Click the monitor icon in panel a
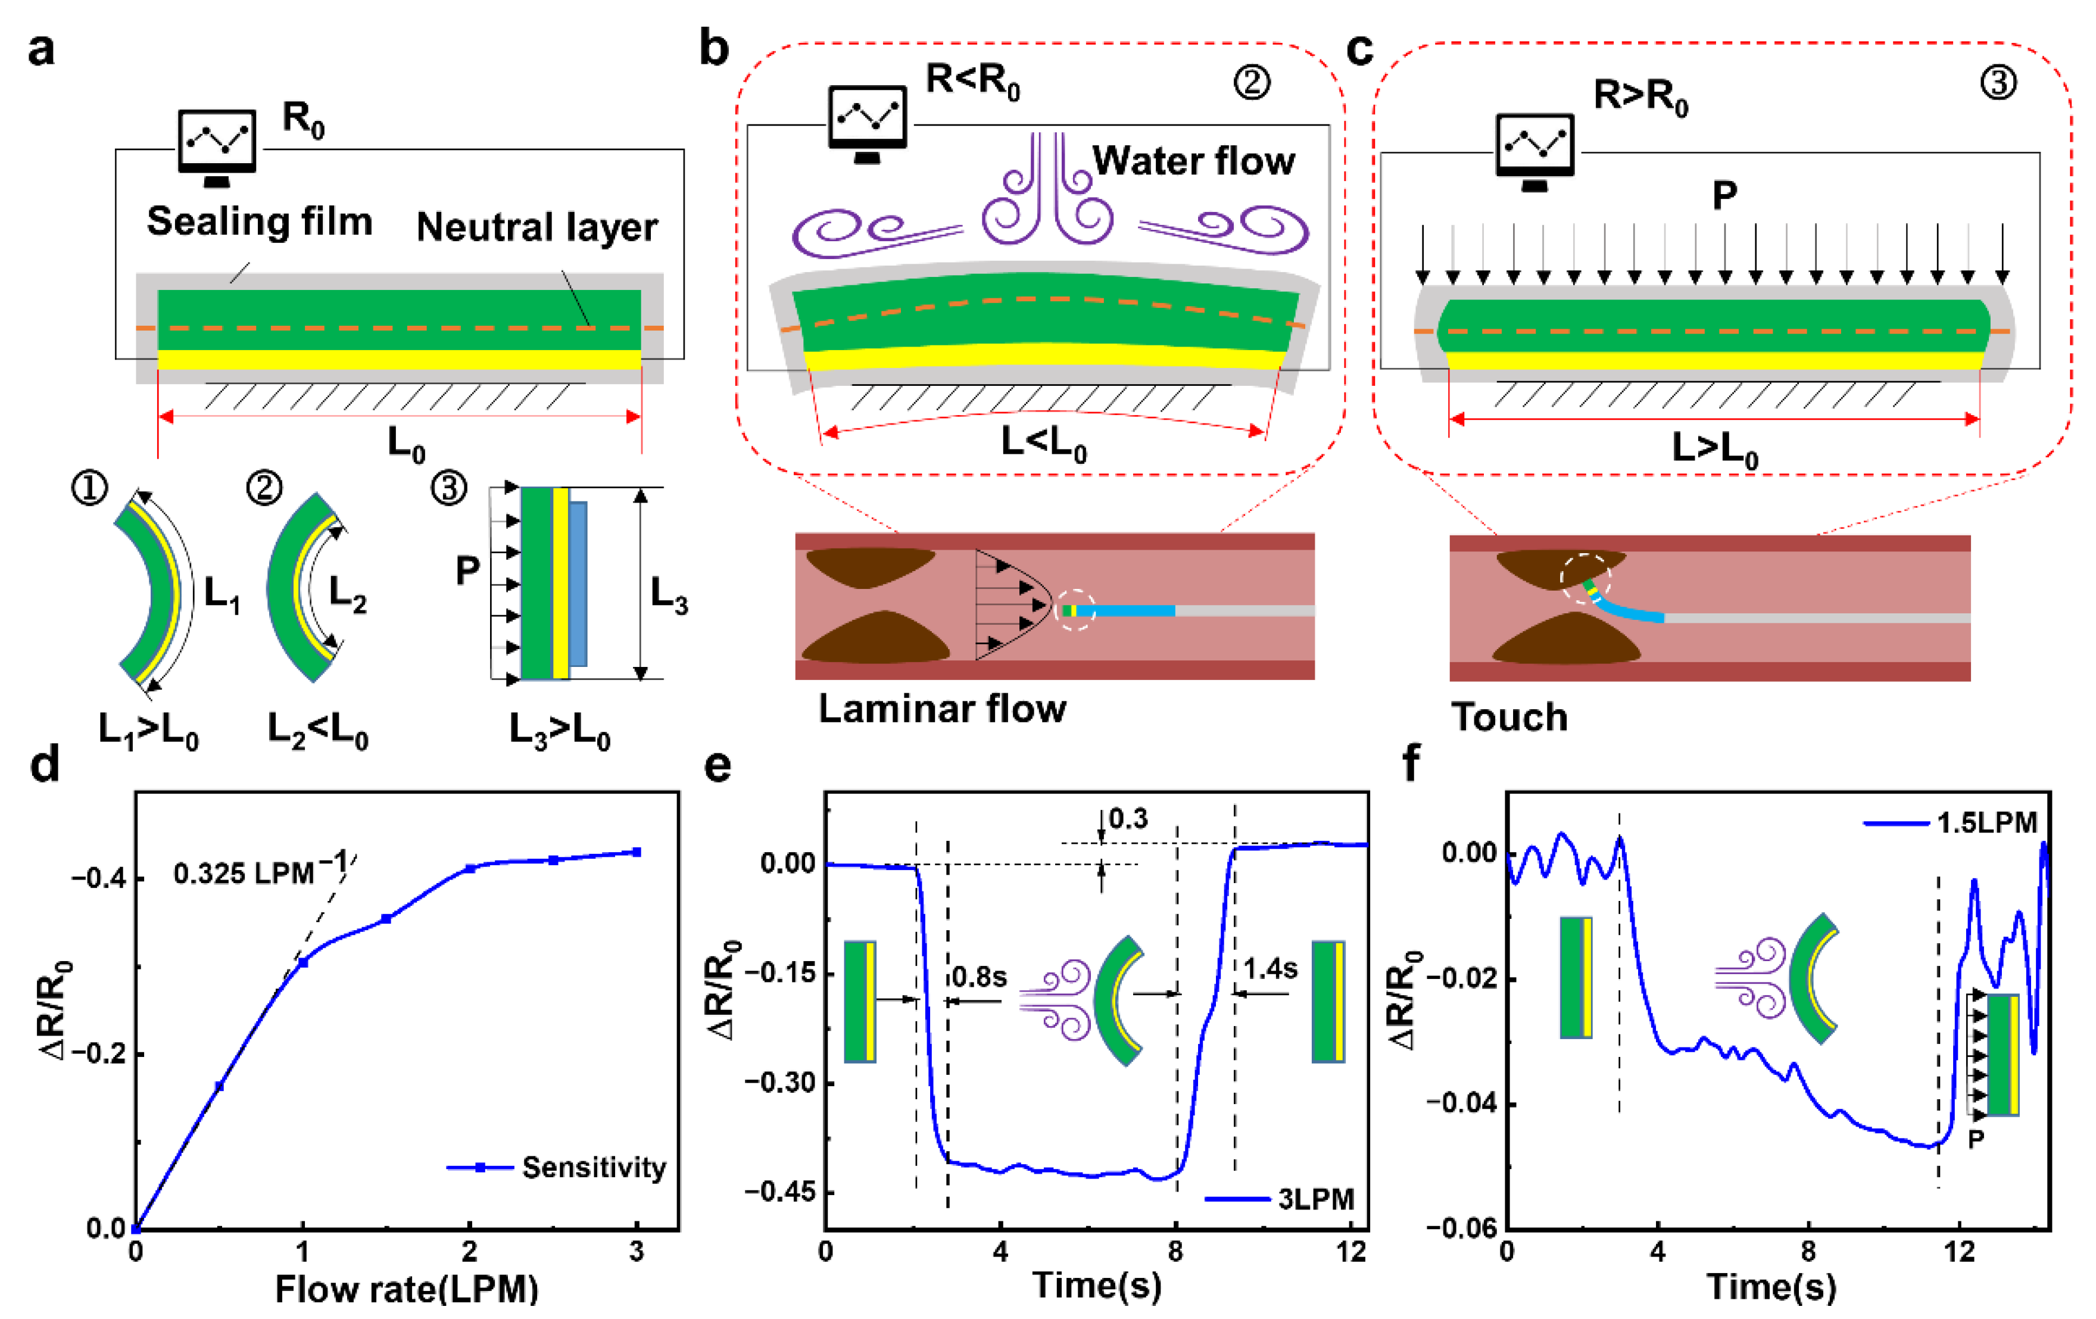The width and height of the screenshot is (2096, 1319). click(217, 144)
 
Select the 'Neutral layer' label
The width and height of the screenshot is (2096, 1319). click(537, 227)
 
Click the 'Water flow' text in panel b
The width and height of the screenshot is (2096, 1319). click(1193, 161)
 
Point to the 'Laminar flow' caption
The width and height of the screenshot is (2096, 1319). click(942, 709)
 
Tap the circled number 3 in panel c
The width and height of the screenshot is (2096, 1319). click(1998, 83)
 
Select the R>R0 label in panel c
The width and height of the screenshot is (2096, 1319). click(1640, 96)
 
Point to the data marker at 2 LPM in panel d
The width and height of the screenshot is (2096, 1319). click(470, 868)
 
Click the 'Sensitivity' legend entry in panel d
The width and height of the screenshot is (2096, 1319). click(594, 1168)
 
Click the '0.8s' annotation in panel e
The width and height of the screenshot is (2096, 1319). click(980, 977)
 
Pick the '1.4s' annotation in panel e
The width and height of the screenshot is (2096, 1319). click(1270, 968)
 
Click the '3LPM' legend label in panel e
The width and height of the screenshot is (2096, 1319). click(1316, 1200)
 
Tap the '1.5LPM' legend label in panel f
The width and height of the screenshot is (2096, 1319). click(1987, 823)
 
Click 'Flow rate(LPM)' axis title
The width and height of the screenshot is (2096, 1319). click(407, 1289)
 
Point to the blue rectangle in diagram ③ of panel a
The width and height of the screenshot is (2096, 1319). click(578, 584)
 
